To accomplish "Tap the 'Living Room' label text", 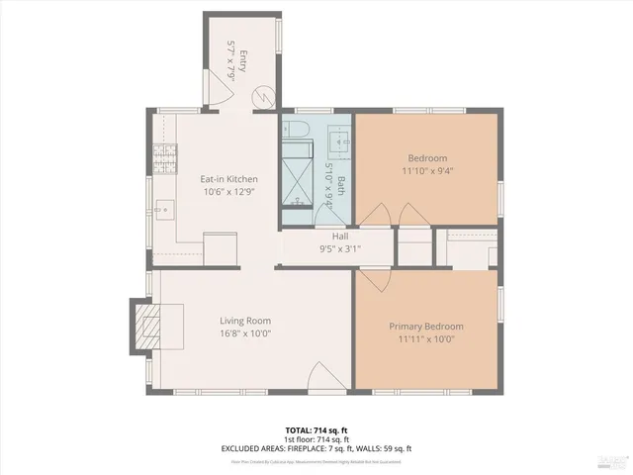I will [x=244, y=321].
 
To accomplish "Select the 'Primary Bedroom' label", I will [x=425, y=327].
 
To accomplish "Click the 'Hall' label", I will [x=339, y=237].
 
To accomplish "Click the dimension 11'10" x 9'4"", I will [x=427, y=171].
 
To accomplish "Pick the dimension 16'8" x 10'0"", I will [x=244, y=333].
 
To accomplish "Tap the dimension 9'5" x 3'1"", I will [x=339, y=248].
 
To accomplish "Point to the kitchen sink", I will [x=164, y=210].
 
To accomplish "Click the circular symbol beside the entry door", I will [x=265, y=96].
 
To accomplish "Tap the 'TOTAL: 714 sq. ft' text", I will [x=316, y=430].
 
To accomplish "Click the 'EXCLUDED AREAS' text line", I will [x=316, y=448].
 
